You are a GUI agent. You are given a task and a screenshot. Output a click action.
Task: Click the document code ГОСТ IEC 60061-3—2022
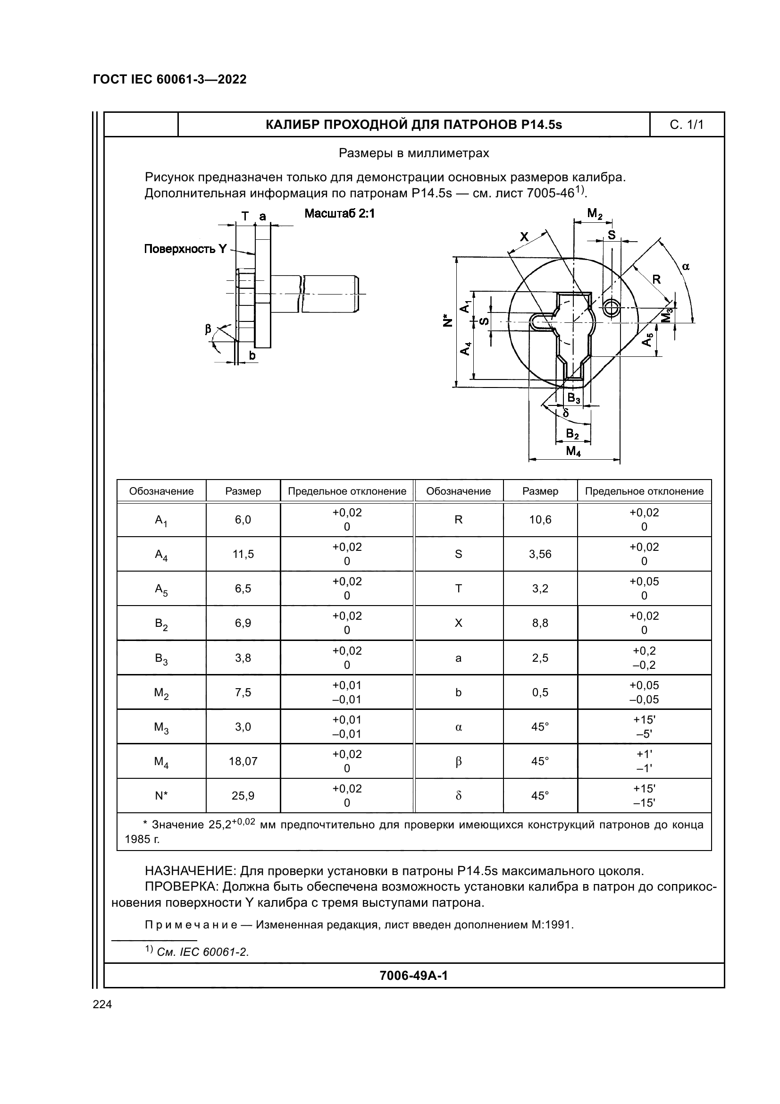[170, 79]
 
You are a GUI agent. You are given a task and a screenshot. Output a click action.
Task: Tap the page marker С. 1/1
[686, 125]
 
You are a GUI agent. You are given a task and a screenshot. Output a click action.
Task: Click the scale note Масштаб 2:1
[339, 213]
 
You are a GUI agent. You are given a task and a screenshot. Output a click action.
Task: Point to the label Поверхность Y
[185, 249]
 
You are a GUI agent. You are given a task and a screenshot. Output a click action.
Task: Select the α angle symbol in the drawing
[686, 266]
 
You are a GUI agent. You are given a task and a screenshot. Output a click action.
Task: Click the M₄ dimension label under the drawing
[573, 451]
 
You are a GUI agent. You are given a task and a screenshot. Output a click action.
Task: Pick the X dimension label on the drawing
[524, 236]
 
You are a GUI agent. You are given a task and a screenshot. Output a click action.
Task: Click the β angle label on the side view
[208, 329]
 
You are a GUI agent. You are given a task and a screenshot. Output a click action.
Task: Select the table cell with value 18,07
[243, 761]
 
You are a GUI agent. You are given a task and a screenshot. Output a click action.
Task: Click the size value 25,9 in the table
[243, 796]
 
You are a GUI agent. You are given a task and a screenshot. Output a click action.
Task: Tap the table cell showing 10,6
[540, 520]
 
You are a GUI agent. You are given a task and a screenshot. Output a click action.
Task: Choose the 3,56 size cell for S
[540, 554]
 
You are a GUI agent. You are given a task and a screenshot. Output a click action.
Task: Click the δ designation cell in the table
[459, 796]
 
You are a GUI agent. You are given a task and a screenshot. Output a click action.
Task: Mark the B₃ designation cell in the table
[161, 658]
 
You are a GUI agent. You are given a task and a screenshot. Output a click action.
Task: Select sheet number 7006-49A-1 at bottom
[413, 976]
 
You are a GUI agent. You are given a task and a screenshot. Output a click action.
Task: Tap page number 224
[102, 1004]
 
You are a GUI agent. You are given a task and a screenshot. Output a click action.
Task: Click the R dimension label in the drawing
[656, 279]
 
